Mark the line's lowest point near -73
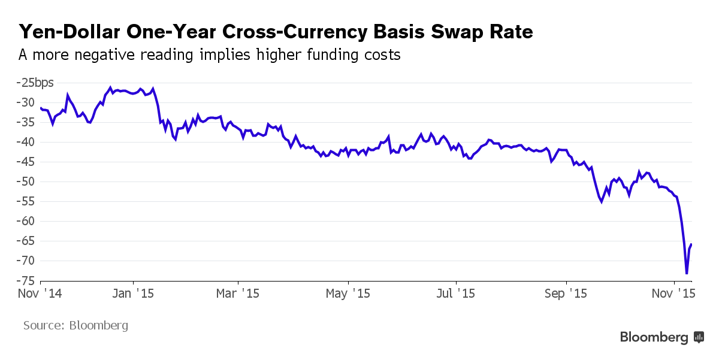tap(687, 274)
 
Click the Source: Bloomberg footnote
tap(75, 326)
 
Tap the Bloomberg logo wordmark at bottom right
tap(654, 338)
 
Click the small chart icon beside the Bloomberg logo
tap(699, 337)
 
